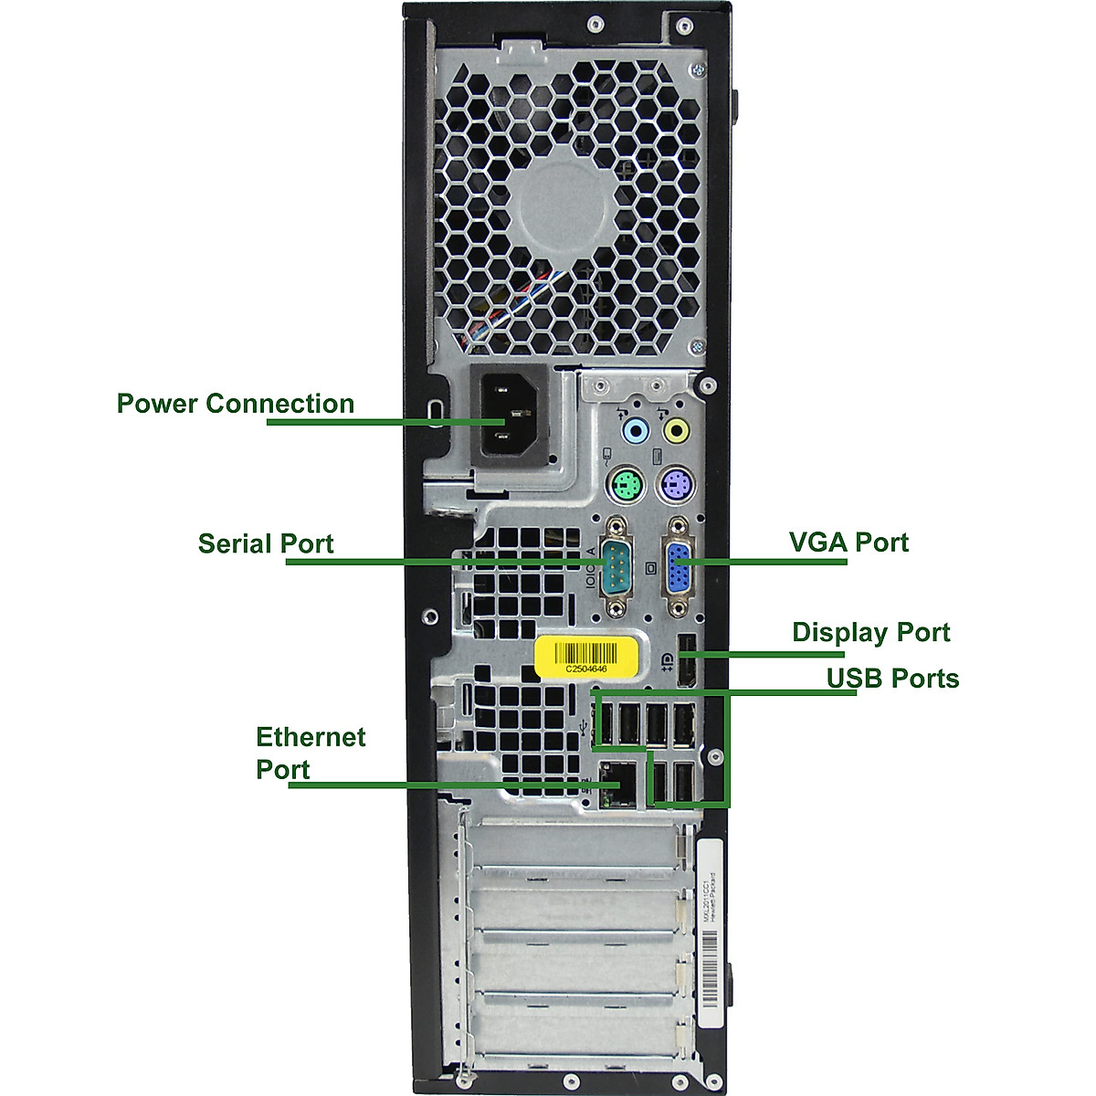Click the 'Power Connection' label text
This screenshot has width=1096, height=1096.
click(235, 404)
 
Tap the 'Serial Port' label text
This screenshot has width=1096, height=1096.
click(266, 543)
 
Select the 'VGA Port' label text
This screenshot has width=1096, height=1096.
click(848, 543)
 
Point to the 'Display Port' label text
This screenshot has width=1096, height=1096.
click(870, 632)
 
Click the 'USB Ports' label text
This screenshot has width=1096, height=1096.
click(892, 679)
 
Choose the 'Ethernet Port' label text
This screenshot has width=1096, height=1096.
click(310, 753)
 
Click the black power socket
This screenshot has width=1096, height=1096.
click(510, 420)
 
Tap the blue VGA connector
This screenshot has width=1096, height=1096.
click(680, 569)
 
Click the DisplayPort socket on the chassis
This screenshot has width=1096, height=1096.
click(684, 663)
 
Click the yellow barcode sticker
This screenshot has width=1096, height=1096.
click(586, 656)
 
